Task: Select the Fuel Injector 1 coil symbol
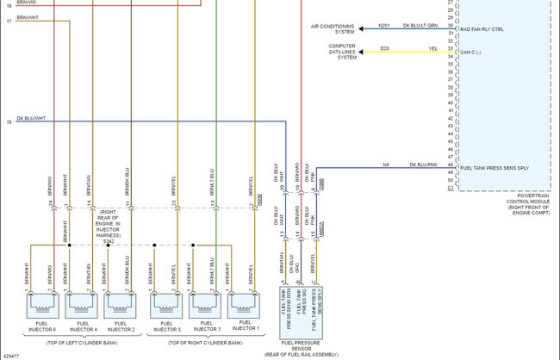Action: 244,303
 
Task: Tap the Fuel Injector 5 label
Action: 166,326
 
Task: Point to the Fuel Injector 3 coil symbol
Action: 205,303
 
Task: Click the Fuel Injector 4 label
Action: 82,326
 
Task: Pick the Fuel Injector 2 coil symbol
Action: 120,303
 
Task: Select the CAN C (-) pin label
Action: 473,52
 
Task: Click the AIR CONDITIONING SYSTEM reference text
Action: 333,29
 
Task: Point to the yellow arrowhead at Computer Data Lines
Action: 363,48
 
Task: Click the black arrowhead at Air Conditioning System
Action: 363,28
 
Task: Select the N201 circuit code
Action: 383,25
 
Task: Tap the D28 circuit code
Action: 384,47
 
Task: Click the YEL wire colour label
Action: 432,47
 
